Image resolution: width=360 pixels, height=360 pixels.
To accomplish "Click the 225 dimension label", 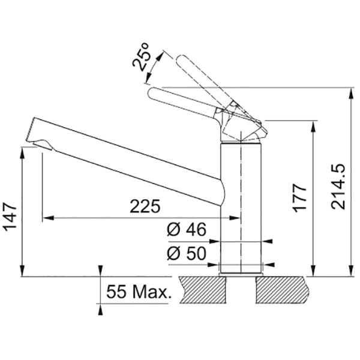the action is [x=145, y=206].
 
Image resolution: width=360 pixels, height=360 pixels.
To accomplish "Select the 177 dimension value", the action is [x=299, y=198].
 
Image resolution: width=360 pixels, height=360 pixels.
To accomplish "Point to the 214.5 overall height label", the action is [x=338, y=187].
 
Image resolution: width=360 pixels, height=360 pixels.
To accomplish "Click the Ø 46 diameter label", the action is [x=187, y=229].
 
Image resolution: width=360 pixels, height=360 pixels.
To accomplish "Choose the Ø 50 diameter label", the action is [x=187, y=253].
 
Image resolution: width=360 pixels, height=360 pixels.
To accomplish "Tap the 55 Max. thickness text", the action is [x=139, y=292].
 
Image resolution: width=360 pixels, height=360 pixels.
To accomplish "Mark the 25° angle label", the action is [x=141, y=57].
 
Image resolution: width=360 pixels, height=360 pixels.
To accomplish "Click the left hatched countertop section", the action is [x=203, y=290].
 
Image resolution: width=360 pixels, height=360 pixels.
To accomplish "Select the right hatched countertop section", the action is [x=283, y=290].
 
